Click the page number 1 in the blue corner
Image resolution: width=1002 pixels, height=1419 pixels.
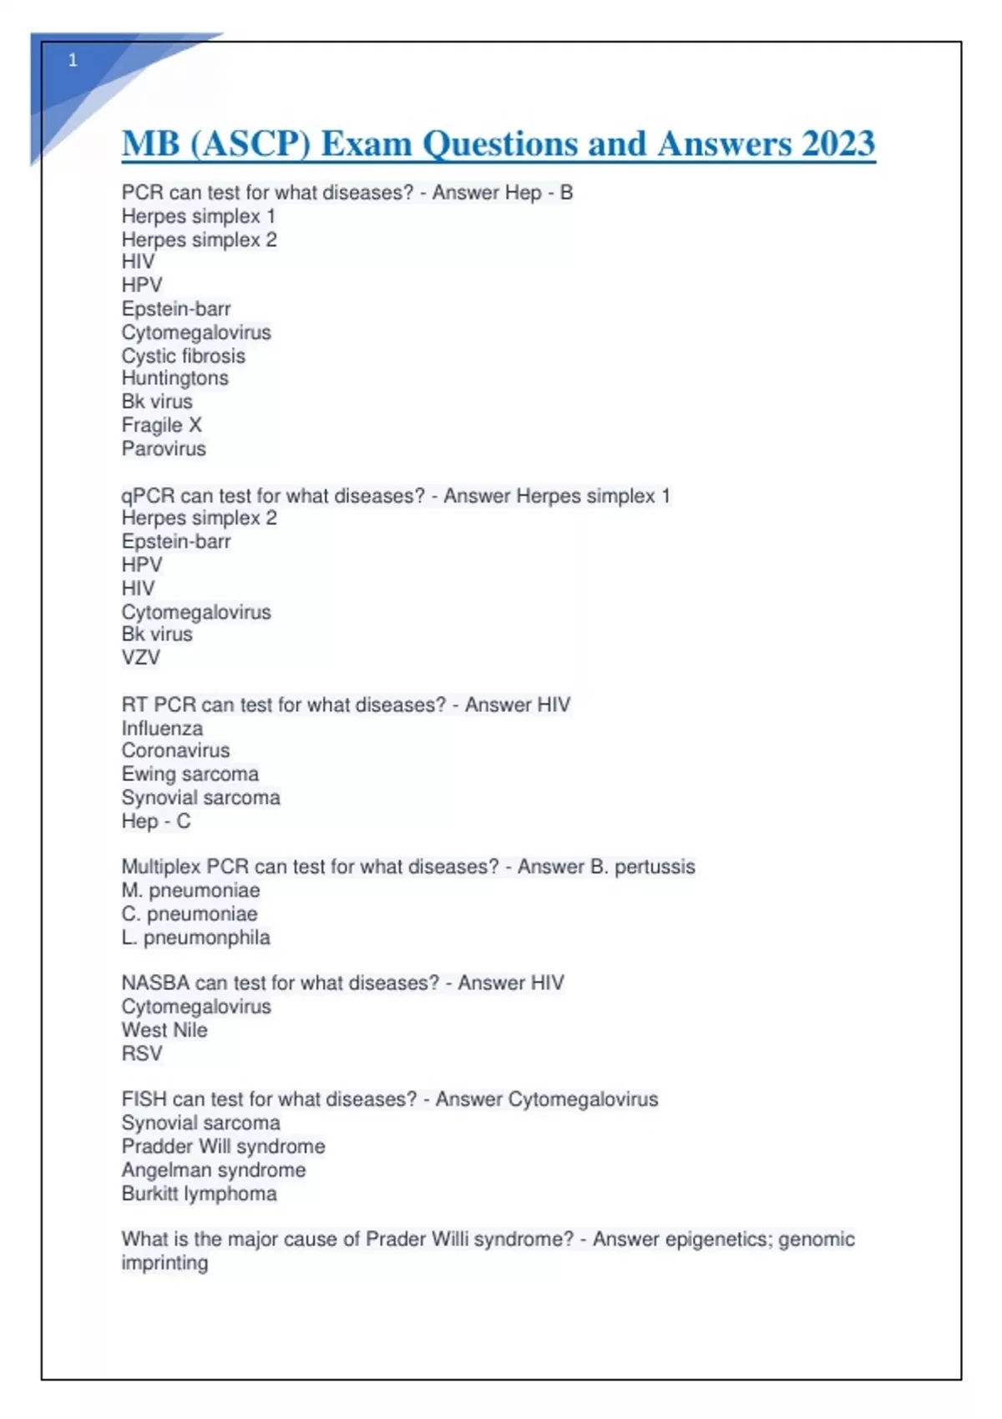click(73, 60)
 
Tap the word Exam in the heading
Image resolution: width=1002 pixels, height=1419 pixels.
click(367, 144)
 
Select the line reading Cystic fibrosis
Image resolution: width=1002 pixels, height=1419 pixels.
click(184, 356)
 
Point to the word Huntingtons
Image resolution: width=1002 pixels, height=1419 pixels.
click(175, 378)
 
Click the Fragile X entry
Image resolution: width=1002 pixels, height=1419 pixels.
click(161, 425)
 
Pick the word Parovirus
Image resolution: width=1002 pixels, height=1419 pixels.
click(164, 448)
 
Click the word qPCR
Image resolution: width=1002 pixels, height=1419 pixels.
click(148, 496)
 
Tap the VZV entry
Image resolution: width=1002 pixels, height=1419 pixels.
click(140, 658)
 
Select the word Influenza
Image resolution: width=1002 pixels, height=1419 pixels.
click(162, 728)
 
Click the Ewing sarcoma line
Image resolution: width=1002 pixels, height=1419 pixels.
click(190, 774)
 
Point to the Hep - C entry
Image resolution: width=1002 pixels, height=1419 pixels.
click(155, 821)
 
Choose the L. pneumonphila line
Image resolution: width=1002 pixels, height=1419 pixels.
click(195, 937)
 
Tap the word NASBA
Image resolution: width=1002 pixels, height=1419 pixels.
click(155, 982)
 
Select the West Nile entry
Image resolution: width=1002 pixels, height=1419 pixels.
click(164, 1030)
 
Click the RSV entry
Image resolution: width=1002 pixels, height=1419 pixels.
click(141, 1053)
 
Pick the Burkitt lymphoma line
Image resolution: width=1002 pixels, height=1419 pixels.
click(199, 1194)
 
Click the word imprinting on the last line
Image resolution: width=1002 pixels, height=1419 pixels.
click(164, 1263)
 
